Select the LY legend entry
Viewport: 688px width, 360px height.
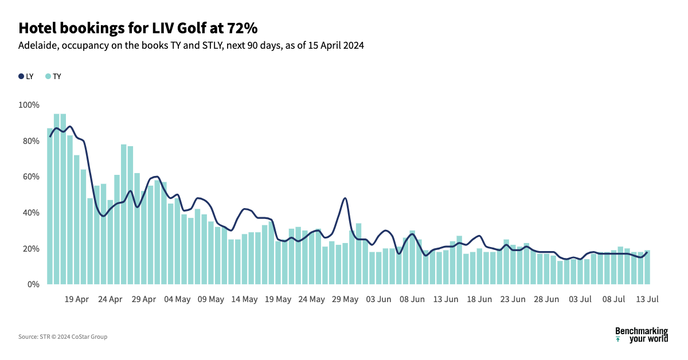pos(26,76)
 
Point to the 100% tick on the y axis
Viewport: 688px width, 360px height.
pos(29,105)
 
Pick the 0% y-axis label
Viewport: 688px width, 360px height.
pos(33,284)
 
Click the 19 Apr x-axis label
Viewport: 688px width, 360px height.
pos(76,299)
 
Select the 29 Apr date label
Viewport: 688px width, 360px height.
pos(143,299)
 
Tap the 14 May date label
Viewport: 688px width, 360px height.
pos(245,299)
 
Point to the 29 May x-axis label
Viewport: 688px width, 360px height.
pos(346,299)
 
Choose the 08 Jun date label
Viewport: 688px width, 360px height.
pos(412,299)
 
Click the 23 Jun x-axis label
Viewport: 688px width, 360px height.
pos(513,299)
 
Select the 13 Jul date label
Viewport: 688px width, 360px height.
pos(648,299)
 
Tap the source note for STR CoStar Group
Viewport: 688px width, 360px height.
pos(62,336)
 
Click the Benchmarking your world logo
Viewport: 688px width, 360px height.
pos(641,335)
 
